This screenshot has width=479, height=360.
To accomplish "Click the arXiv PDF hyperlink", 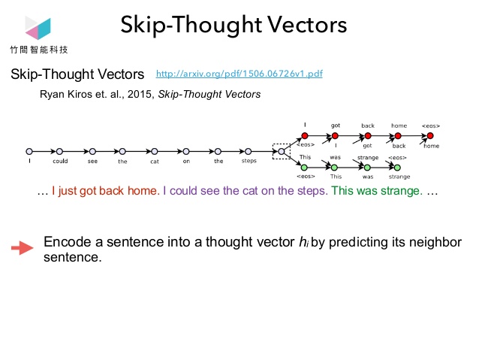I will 239,74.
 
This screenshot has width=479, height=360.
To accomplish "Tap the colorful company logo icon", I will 38,28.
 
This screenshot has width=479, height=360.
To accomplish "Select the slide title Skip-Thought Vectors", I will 233,26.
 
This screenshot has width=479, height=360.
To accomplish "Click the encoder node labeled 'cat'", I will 154,151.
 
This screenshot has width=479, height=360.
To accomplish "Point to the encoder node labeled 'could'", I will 59,151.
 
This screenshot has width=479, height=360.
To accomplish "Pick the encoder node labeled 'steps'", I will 249,151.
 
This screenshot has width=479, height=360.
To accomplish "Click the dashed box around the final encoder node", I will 281,151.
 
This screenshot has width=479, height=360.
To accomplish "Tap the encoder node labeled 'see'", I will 91,151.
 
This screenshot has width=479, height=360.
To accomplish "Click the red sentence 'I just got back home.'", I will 105,191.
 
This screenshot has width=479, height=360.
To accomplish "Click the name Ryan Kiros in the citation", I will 65,95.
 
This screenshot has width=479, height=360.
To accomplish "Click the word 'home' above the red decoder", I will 399,125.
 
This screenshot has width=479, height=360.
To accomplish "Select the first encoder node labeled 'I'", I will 29,151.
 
